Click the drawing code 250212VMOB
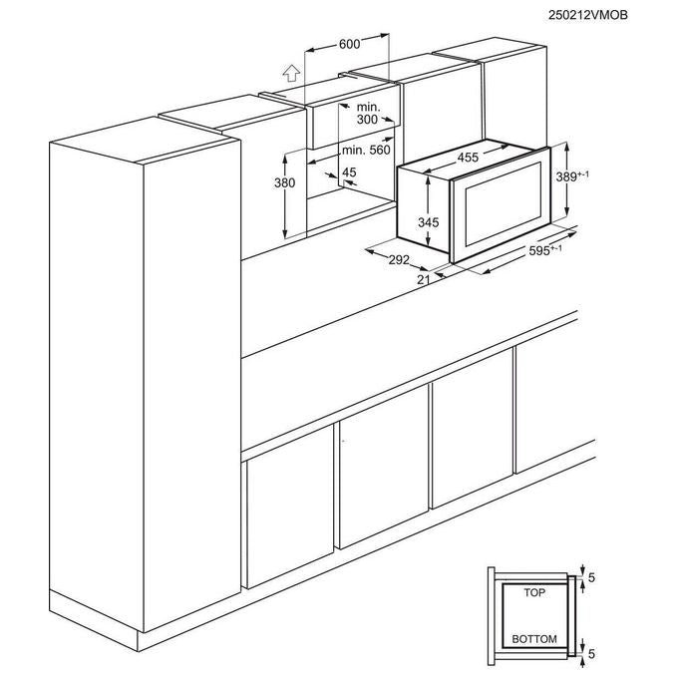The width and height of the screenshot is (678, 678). pos(587,15)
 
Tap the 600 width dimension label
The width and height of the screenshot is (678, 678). pos(349,44)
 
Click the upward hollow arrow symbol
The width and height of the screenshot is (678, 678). pos(291,73)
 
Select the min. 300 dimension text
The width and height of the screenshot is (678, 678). pos(368,114)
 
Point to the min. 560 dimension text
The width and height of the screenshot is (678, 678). pos(366,150)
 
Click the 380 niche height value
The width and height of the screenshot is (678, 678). pos(284,182)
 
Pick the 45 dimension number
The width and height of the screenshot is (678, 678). pos(349,172)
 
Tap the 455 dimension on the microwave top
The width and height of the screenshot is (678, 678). pos(468,158)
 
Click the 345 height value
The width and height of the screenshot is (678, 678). pos(428,222)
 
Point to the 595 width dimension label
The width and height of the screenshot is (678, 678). pos(545,250)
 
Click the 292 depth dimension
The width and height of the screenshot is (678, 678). pos(399,259)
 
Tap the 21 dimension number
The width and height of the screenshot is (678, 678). pos(424,280)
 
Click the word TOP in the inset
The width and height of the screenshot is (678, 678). pos(534,592)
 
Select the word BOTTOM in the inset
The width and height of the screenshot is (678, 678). pos(534,639)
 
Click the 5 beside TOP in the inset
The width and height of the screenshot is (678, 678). pos(592,577)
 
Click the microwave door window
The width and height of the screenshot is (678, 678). pos(503,204)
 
